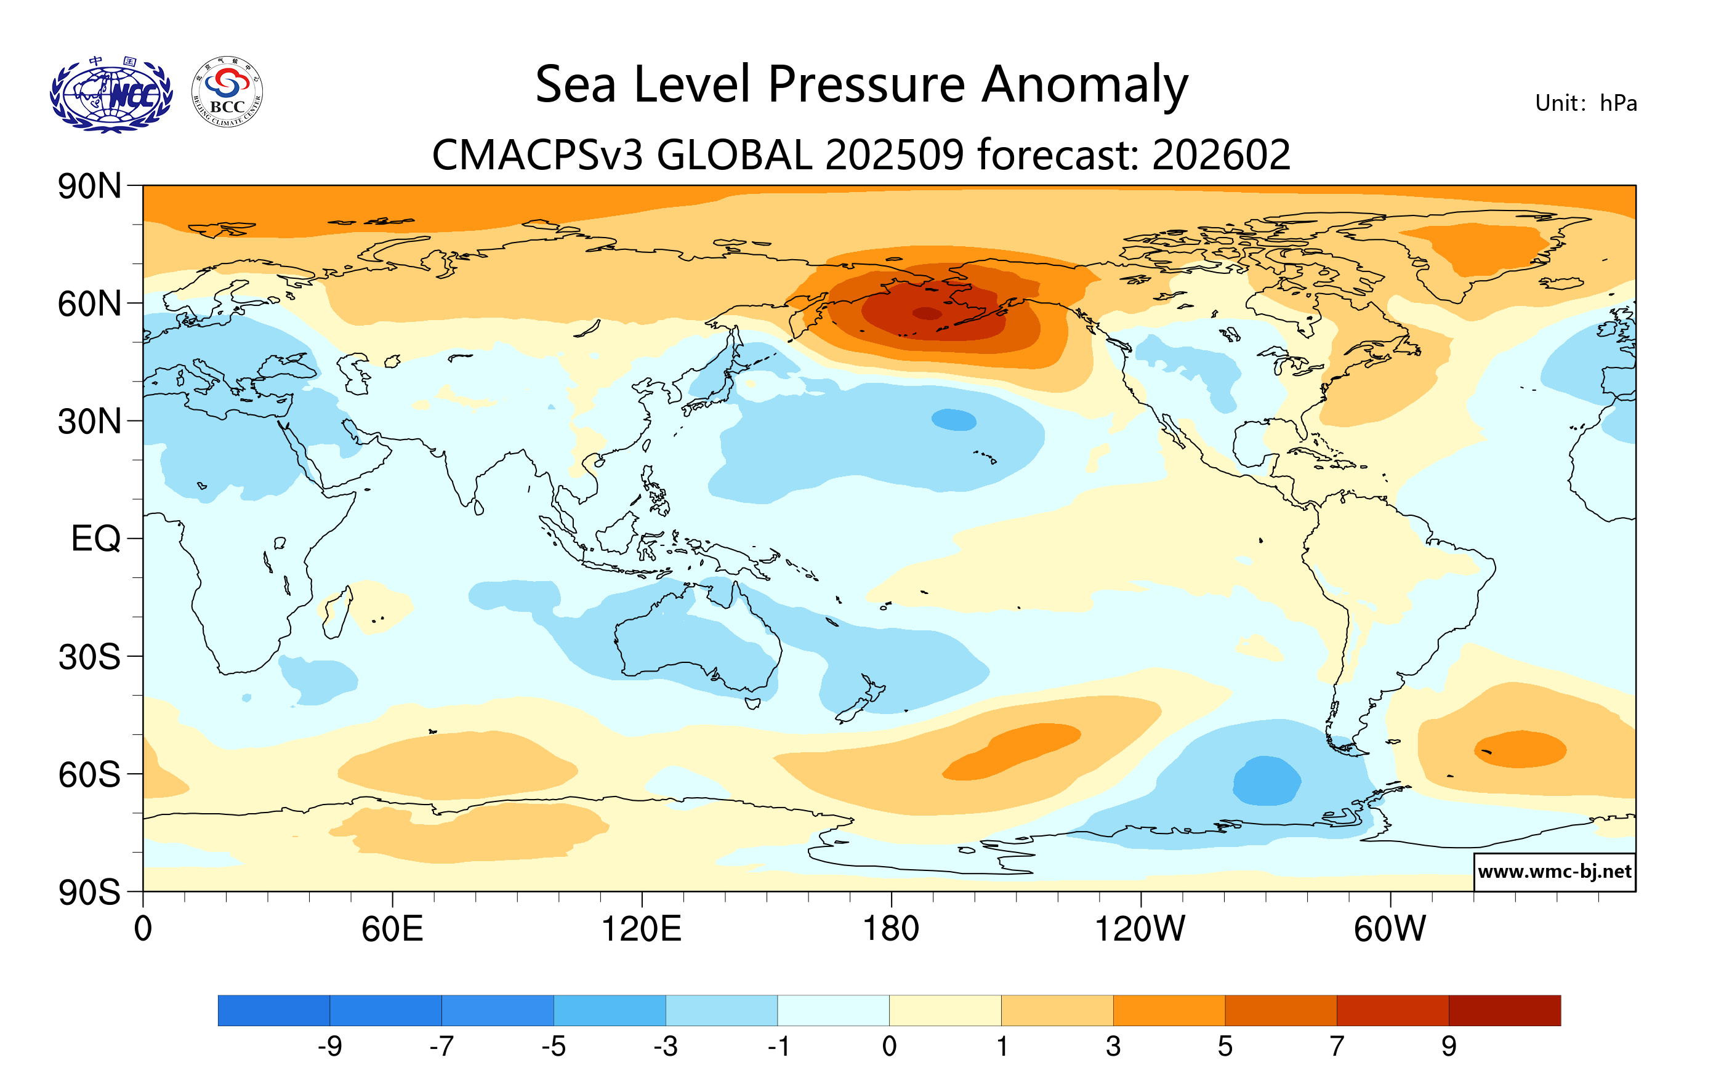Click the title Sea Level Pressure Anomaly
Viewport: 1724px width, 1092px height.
point(861,84)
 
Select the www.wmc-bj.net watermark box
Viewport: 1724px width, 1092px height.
point(1553,872)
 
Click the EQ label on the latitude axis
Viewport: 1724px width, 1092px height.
point(95,538)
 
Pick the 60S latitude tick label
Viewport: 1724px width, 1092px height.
point(89,774)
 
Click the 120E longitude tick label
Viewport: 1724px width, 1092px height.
point(641,929)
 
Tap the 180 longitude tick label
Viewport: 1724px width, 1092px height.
point(891,929)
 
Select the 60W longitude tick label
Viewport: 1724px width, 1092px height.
point(1390,929)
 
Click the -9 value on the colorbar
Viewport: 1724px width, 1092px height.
point(329,1047)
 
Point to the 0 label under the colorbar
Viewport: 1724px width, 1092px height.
point(889,1047)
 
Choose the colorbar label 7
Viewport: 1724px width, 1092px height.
point(1337,1047)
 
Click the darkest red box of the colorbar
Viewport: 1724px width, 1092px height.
point(1504,1010)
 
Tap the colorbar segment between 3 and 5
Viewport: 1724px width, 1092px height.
point(1169,1010)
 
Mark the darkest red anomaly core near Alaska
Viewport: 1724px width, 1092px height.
point(927,313)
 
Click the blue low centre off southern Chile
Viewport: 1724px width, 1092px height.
point(1266,780)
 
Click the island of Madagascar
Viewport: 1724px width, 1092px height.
point(336,612)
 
